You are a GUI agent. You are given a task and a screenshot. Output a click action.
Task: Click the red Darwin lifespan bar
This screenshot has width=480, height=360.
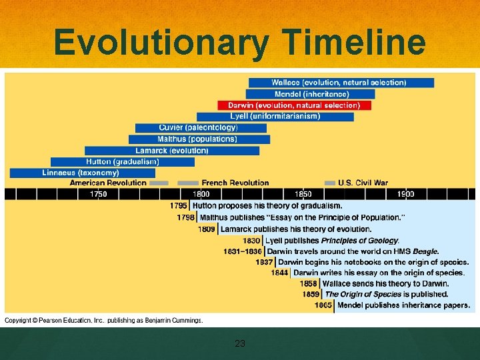tap(294, 105)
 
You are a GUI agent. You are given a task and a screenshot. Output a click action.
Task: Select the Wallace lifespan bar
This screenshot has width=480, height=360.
tap(341, 83)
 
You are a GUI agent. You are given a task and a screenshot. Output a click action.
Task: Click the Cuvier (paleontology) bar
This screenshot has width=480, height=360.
tap(198, 128)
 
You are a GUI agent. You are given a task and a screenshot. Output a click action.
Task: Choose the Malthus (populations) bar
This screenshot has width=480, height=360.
tap(199, 139)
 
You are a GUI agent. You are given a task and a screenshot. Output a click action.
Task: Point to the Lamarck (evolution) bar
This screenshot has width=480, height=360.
tap(171, 151)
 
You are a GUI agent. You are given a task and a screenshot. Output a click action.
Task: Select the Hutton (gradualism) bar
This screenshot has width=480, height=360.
tap(122, 162)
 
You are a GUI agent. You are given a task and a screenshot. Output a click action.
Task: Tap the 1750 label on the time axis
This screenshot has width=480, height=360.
tap(98, 194)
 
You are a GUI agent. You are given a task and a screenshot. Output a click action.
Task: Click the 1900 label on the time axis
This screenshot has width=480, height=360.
tap(405, 194)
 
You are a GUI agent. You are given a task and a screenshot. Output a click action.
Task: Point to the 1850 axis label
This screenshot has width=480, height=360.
tap(303, 194)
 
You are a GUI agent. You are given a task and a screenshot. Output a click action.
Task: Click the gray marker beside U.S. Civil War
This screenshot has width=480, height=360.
tap(329, 183)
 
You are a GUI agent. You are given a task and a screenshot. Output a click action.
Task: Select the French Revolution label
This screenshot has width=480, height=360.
tap(235, 183)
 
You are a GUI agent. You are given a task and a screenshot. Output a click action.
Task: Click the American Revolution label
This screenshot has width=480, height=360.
tap(108, 183)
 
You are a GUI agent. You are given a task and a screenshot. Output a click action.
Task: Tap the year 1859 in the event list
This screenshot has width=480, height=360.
tap(310, 294)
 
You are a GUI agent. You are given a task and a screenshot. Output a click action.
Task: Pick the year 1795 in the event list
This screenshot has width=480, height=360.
tap(179, 206)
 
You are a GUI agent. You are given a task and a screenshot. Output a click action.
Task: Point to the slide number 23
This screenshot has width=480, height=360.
tap(240, 344)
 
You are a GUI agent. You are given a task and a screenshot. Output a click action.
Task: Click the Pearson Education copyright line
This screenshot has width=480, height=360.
tap(104, 320)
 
